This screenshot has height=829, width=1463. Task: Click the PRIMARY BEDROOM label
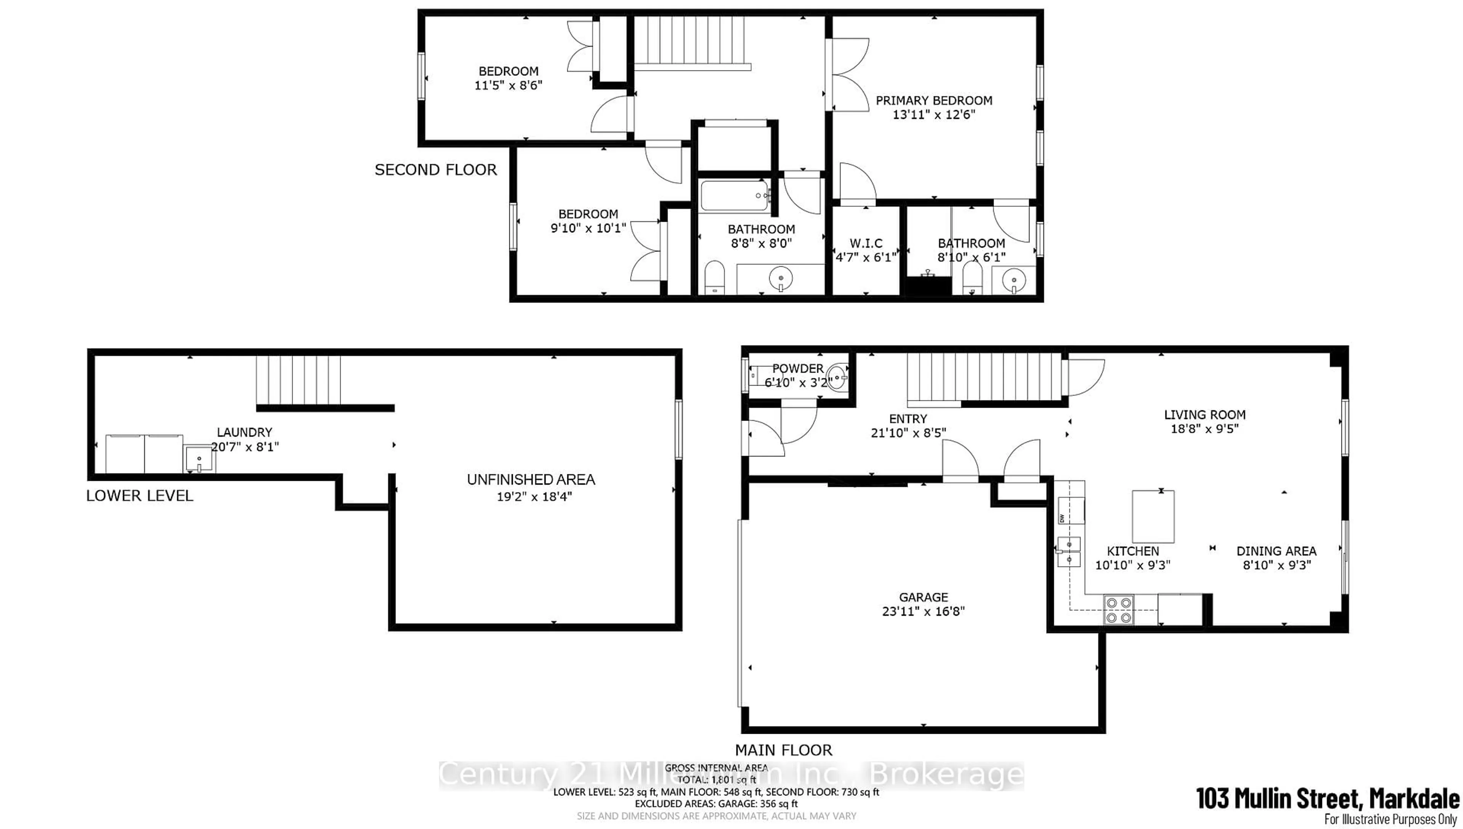point(933,101)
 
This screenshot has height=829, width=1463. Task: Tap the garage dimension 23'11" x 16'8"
point(924,611)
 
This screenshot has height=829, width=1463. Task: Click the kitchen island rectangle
point(1153,517)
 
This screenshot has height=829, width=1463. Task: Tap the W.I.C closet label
point(866,243)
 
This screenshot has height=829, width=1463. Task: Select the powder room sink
point(837,377)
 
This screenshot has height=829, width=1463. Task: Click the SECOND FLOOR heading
point(435,170)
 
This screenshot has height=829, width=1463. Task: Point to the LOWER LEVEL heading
point(139,496)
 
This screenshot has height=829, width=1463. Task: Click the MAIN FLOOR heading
point(783,750)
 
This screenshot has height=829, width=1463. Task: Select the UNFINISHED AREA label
point(531,479)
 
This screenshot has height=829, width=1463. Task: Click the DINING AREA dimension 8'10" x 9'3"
point(1276,565)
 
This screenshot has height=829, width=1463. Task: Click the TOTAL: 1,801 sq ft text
point(716,779)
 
